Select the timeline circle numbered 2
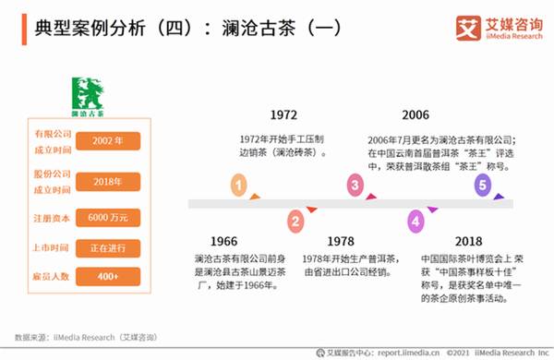(x=295, y=221)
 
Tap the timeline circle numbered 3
(x=354, y=186)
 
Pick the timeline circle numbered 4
(x=416, y=221)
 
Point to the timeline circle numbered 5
(x=481, y=186)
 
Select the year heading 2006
(x=416, y=115)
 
